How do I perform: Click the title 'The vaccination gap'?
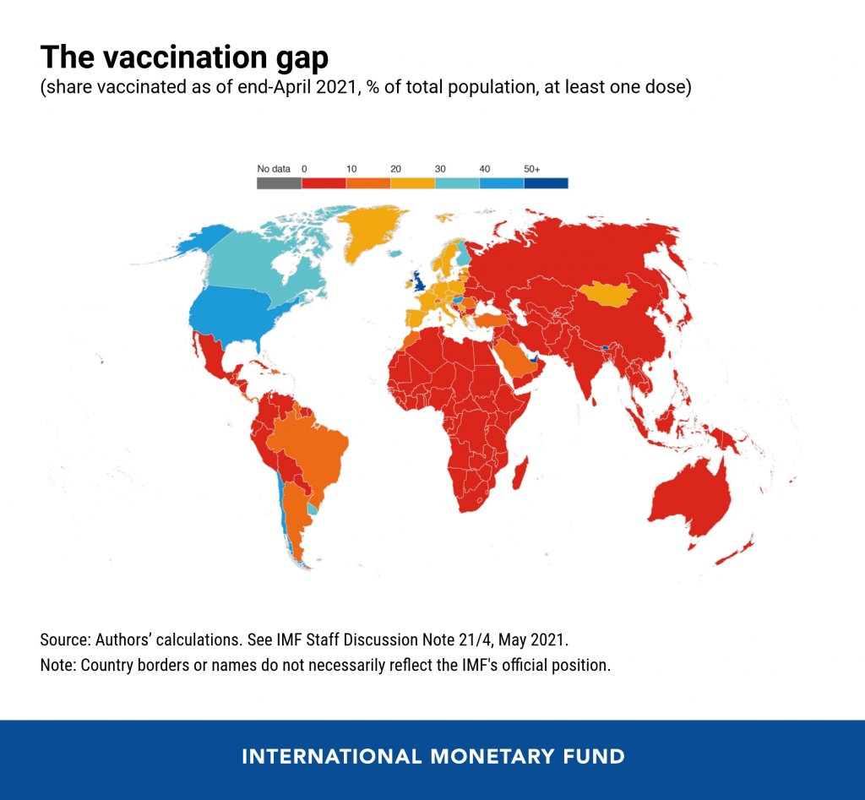[184, 57]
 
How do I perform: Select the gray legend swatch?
[279, 182]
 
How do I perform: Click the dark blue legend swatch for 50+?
[545, 182]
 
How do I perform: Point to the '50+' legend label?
[532, 169]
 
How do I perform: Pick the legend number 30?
[440, 169]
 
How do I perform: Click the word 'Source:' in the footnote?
[65, 639]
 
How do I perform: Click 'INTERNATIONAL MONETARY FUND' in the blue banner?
[432, 756]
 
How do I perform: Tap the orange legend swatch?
[367, 182]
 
